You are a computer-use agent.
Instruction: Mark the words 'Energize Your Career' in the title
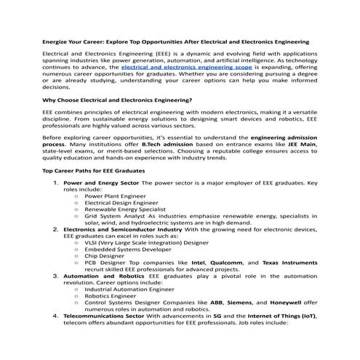tap(74, 42)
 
